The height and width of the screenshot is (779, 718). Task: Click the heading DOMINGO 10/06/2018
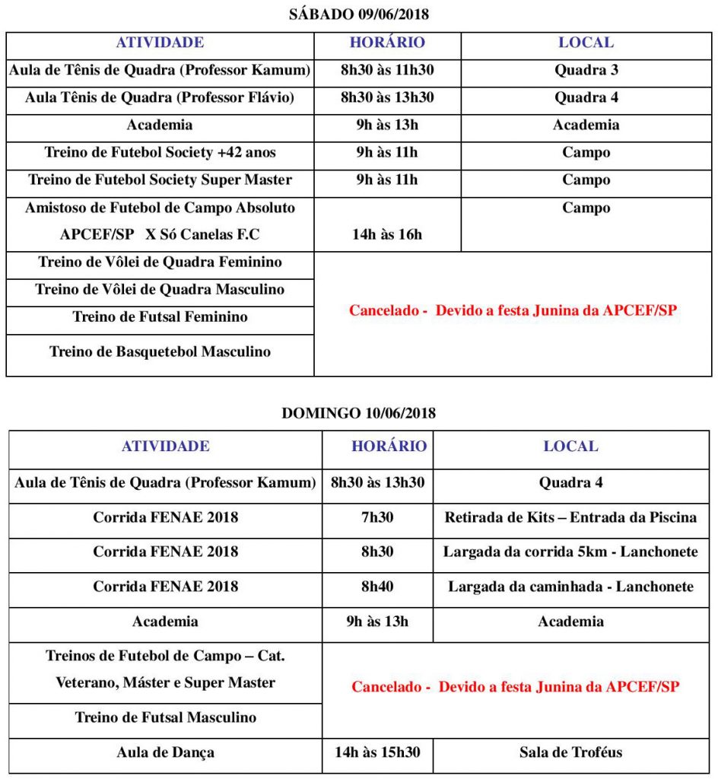[x=358, y=413]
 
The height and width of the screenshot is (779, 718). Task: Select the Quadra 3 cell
[x=586, y=71]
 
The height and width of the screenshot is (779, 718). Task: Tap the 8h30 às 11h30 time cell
[x=387, y=71]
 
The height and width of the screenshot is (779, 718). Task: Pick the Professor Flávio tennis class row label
[x=160, y=98]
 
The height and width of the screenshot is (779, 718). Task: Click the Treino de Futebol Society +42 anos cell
[x=160, y=153]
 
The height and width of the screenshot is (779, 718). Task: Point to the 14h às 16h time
[x=387, y=234]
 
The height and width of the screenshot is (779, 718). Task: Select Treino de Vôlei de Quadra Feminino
[x=160, y=262]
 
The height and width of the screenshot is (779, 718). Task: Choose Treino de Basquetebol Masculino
[x=160, y=351]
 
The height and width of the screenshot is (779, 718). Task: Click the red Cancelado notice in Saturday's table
[x=513, y=311]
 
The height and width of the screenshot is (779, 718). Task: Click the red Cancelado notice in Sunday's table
[x=515, y=687]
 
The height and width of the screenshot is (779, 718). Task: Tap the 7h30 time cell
[x=377, y=517]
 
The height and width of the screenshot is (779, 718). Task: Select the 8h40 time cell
[x=377, y=587]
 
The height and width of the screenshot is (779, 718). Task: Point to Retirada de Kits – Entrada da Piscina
[x=570, y=517]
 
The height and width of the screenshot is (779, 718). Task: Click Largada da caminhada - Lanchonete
[x=570, y=587]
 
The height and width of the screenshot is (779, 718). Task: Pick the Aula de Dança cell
[x=165, y=752]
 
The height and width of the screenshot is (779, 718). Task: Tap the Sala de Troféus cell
[x=570, y=752]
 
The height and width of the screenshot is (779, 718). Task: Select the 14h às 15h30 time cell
[x=377, y=752]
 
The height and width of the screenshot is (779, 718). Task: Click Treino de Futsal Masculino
[x=165, y=717]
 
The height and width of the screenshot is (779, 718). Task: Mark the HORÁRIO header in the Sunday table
[x=389, y=447]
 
